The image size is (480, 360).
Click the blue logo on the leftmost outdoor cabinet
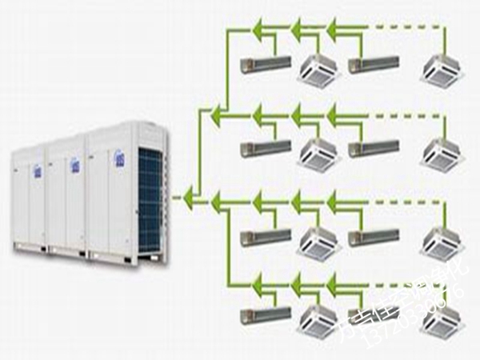coord(37,170)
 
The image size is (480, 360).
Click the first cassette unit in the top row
coord(318,70)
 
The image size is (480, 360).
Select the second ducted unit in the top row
coord(374,62)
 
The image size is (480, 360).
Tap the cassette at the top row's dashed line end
coord(442,70)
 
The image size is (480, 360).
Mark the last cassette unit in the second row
coord(442,153)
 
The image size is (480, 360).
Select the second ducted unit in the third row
coord(374,236)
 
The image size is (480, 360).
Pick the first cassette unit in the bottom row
coord(318,321)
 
